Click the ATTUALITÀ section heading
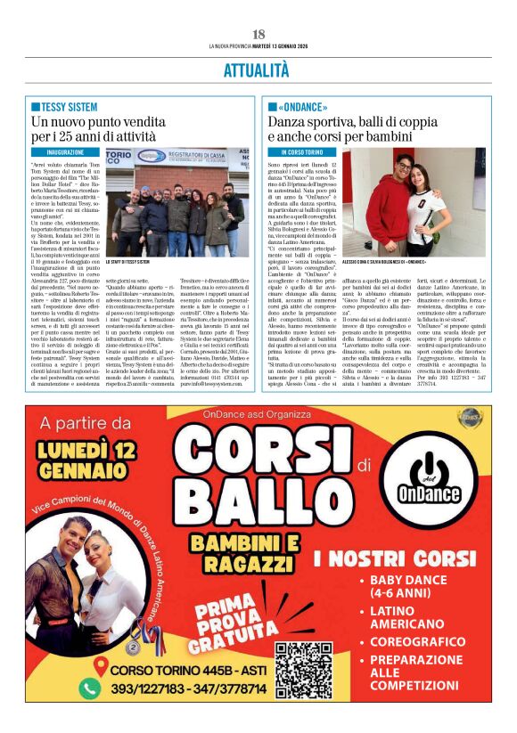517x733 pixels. pos(258,70)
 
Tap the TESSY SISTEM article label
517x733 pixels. pos(69,106)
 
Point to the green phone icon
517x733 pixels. pos(90,688)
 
